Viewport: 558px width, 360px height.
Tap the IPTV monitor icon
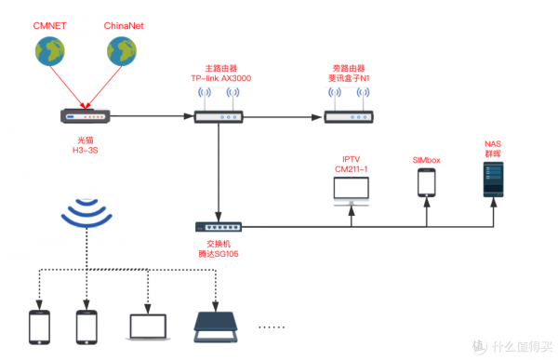352,190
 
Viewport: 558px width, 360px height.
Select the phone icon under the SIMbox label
426,182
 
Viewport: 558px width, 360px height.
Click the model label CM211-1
352,168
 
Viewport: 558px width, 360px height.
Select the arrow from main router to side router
279,117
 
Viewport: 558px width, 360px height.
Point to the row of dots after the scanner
272,327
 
